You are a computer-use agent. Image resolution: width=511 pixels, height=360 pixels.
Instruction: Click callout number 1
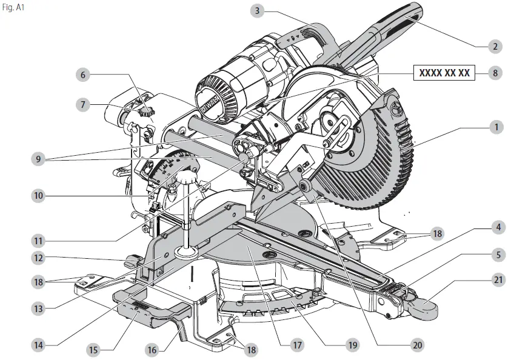click(495, 127)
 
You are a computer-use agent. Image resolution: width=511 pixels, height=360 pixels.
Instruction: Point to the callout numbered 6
click(83, 75)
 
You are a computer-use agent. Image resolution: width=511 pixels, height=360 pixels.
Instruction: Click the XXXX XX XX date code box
click(444, 73)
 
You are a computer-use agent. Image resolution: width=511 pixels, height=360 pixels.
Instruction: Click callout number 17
click(296, 345)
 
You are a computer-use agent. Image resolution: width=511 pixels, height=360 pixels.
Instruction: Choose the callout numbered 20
click(416, 345)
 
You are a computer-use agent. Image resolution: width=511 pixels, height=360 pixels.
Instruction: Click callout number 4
click(495, 228)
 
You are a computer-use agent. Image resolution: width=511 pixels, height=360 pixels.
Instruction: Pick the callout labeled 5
click(495, 255)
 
